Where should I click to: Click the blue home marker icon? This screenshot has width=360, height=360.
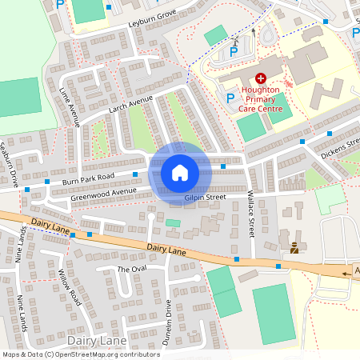pyautogui.click(x=179, y=172)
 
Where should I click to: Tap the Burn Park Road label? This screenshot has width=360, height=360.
pyautogui.click(x=88, y=180)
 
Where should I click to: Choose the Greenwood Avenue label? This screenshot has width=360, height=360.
pyautogui.click(x=104, y=193)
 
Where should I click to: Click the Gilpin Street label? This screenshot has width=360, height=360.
pyautogui.click(x=206, y=197)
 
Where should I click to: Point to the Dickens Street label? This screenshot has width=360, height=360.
pyautogui.click(x=341, y=148)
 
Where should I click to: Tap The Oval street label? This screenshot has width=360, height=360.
pyautogui.click(x=132, y=269)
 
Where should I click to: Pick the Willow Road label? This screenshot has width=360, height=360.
pyautogui.click(x=71, y=286)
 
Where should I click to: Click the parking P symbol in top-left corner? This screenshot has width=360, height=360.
pyautogui.click(x=61, y=4)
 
